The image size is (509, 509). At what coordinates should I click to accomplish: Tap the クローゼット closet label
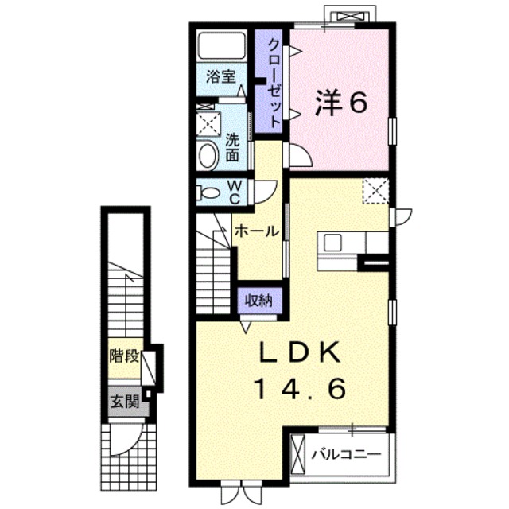[x=274, y=82]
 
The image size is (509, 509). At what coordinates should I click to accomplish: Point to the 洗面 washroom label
[x=231, y=146]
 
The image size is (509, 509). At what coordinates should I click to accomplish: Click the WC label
[x=235, y=192]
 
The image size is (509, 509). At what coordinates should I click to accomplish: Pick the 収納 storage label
[x=258, y=301]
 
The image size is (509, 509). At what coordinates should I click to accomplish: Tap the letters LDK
[x=299, y=352]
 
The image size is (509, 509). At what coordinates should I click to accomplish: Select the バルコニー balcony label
[x=346, y=455]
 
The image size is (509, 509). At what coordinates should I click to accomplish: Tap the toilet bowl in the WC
[x=210, y=192]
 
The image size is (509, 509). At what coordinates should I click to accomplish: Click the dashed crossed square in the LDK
[x=373, y=190]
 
